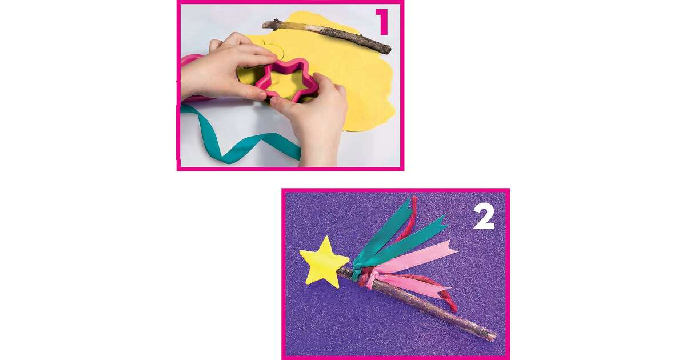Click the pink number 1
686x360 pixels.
[383, 22]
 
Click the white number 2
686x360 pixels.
[484, 217]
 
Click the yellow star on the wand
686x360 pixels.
[324, 260]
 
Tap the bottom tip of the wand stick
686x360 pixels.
[494, 336]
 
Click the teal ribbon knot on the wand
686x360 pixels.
[356, 273]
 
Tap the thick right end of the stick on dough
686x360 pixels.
[386, 49]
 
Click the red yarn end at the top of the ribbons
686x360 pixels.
[414, 202]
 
